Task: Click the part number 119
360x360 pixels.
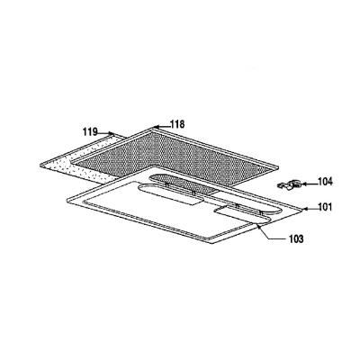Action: [90, 131]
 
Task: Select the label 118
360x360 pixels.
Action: [177, 124]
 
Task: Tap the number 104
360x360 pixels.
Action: [325, 182]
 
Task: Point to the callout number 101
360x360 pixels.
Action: [324, 207]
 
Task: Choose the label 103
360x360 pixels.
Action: [296, 239]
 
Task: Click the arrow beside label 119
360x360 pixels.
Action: [106, 132]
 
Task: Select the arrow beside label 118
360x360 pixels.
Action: [162, 127]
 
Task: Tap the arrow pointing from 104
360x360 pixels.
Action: [309, 184]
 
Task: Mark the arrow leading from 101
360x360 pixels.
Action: [310, 209]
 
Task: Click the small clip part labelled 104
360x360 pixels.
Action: [289, 185]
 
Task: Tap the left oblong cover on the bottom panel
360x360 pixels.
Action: [169, 194]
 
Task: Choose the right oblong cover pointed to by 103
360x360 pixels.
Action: [243, 215]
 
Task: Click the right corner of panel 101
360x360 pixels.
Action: [302, 211]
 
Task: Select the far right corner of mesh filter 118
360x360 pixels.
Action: [278, 167]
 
